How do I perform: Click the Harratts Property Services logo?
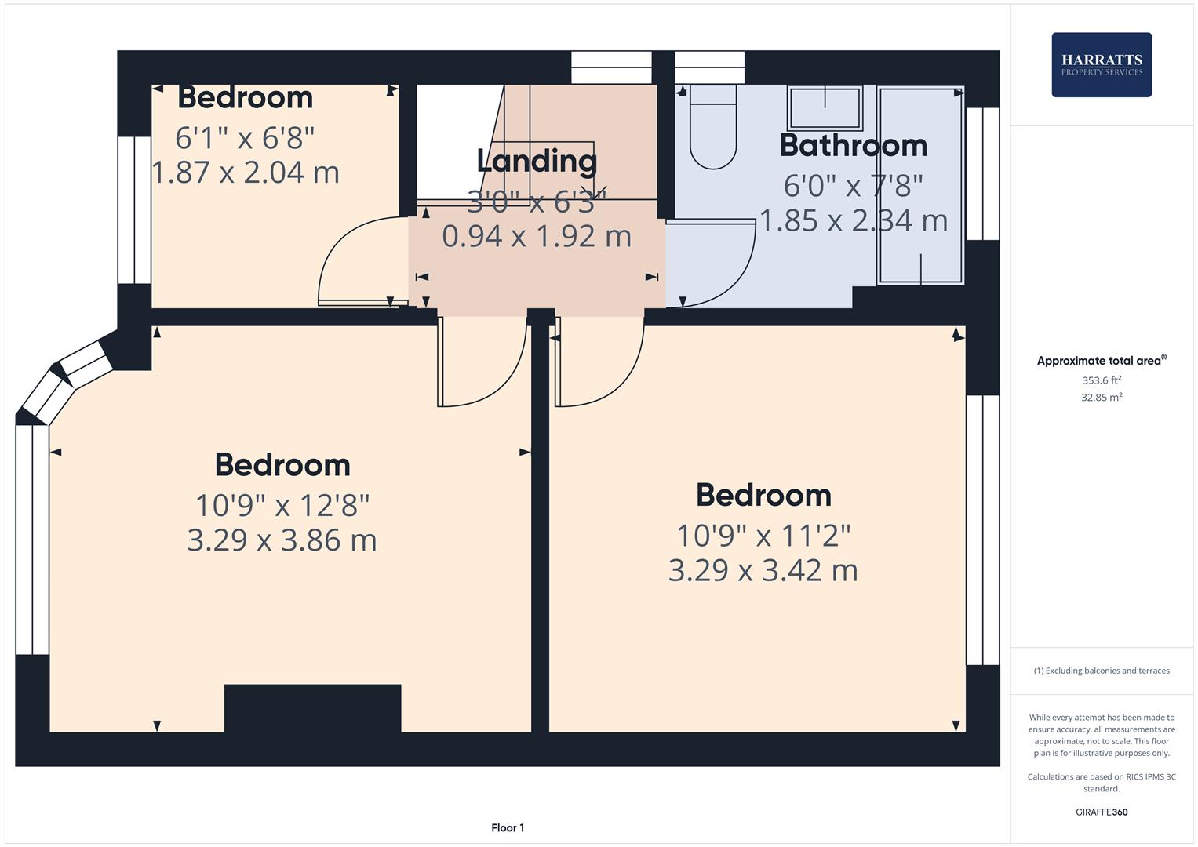(x=1101, y=65)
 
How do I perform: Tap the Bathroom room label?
(x=853, y=146)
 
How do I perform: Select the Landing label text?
(x=537, y=161)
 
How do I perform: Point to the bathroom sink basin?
(x=825, y=108)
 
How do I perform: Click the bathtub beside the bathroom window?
(x=920, y=185)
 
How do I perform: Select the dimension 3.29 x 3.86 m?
(x=282, y=540)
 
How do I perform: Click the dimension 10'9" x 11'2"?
(x=763, y=536)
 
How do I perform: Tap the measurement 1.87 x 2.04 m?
(x=245, y=173)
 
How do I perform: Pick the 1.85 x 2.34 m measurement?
(x=853, y=221)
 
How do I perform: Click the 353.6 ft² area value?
(x=1101, y=380)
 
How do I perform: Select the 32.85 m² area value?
(x=1101, y=398)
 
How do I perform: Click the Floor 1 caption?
(x=508, y=827)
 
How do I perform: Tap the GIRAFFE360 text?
(x=1101, y=812)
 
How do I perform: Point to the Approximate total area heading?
(x=1101, y=361)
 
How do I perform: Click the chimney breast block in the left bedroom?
(x=312, y=708)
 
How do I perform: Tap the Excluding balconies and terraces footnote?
(x=1101, y=671)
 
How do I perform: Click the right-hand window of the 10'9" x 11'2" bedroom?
(x=982, y=530)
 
